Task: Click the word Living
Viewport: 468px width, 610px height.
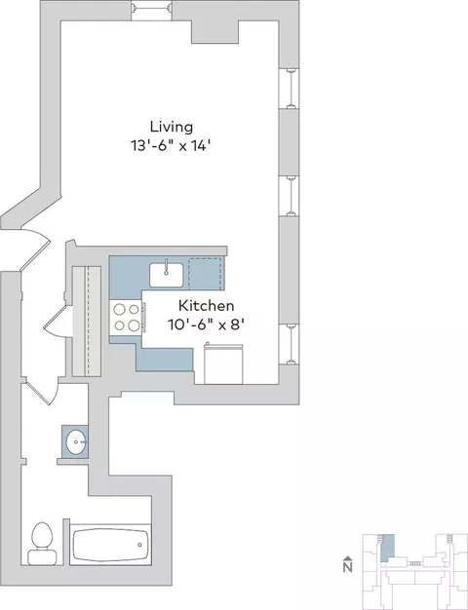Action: (172, 127)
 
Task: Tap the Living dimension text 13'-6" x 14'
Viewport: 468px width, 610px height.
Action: (171, 146)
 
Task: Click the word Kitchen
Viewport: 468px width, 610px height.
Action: (207, 306)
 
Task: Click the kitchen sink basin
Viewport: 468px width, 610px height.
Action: (167, 275)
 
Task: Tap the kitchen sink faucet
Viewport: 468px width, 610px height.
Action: (167, 267)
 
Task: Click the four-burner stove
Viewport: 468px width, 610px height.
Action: (126, 317)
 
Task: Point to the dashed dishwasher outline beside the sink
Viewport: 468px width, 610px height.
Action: (206, 273)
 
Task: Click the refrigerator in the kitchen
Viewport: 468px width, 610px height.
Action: (223, 363)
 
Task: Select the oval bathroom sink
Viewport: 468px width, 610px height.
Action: (76, 442)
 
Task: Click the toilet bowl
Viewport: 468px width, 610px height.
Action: (42, 535)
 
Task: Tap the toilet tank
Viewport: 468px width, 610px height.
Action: (42, 556)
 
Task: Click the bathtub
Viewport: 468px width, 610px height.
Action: (110, 545)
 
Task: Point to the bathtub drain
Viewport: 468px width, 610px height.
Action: (139, 545)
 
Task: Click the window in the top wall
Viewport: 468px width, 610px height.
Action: (151, 11)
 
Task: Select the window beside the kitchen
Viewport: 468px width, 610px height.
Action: (290, 344)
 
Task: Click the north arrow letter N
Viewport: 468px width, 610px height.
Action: (348, 567)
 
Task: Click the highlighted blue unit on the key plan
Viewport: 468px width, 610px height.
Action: (387, 548)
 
